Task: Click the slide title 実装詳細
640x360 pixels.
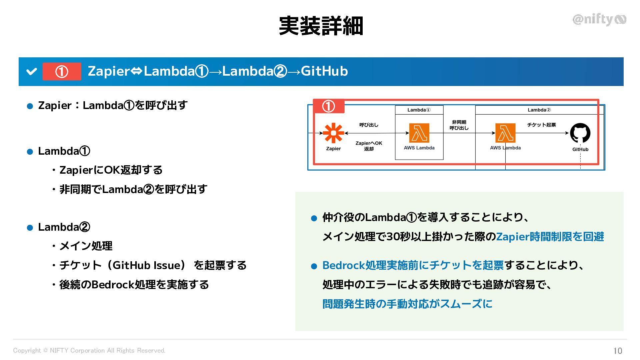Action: coord(321,26)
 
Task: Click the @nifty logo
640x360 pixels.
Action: coord(599,20)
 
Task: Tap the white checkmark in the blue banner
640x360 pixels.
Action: coord(31,71)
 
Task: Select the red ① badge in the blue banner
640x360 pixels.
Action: coord(62,71)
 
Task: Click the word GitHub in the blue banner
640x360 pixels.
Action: coord(324,71)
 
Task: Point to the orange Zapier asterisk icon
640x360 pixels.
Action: coord(333,133)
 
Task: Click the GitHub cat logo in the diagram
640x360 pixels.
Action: coord(580,133)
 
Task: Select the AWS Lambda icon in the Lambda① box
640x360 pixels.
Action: coord(419,133)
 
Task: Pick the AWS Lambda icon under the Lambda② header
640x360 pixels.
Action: coord(505,133)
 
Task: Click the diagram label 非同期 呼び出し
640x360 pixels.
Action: coord(459,125)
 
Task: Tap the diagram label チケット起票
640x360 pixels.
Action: coord(541,125)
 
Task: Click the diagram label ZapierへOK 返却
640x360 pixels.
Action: coord(369,146)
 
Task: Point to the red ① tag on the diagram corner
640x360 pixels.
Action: coord(328,106)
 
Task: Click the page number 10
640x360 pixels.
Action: coord(617,351)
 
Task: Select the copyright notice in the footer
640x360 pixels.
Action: coord(89,350)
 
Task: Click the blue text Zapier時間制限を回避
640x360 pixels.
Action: coord(550,237)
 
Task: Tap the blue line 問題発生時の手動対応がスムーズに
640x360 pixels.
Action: coord(407,304)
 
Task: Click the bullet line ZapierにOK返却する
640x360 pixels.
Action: coord(111,170)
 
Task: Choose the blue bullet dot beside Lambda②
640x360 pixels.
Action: coord(30,228)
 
